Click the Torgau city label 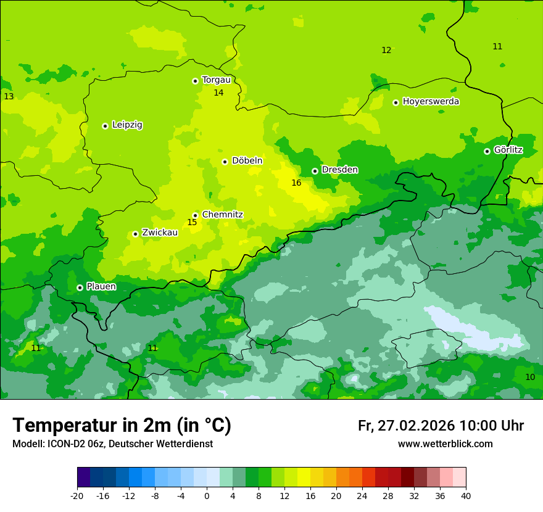pos(216,80)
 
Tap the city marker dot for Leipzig pos(105,126)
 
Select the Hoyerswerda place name pos(431,102)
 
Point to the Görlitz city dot pos(487,151)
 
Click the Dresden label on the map pos(339,170)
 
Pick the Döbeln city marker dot pos(225,162)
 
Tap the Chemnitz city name pos(222,215)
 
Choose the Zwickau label pos(160,233)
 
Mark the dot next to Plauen pos(80,287)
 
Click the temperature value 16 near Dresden pos(296,183)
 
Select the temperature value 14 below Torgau pos(218,93)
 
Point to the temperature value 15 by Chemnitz pos(192,223)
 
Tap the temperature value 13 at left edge pos(9,97)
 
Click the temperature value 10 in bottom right pos(530,378)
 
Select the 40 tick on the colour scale pos(465,495)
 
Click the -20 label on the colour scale pos(77,495)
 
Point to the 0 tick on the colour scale pos(207,495)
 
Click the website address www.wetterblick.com pos(445,444)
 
